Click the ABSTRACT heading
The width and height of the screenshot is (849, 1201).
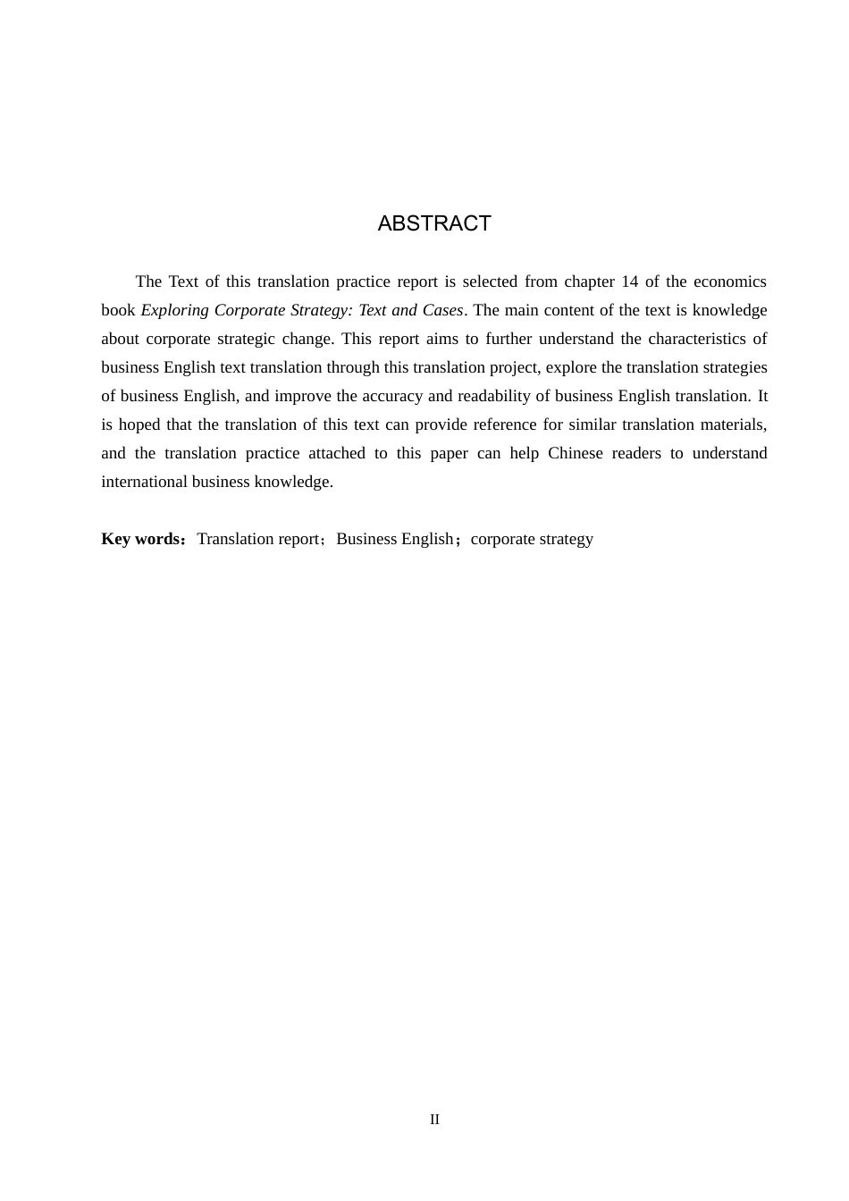(x=434, y=223)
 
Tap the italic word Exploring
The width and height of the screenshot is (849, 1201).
(x=175, y=310)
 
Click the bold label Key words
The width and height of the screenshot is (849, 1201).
(x=140, y=539)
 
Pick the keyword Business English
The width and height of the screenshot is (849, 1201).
(x=394, y=539)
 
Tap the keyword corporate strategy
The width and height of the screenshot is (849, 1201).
(x=532, y=539)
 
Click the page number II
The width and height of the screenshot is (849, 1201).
(x=434, y=1120)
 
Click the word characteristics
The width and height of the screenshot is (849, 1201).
(x=695, y=339)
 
